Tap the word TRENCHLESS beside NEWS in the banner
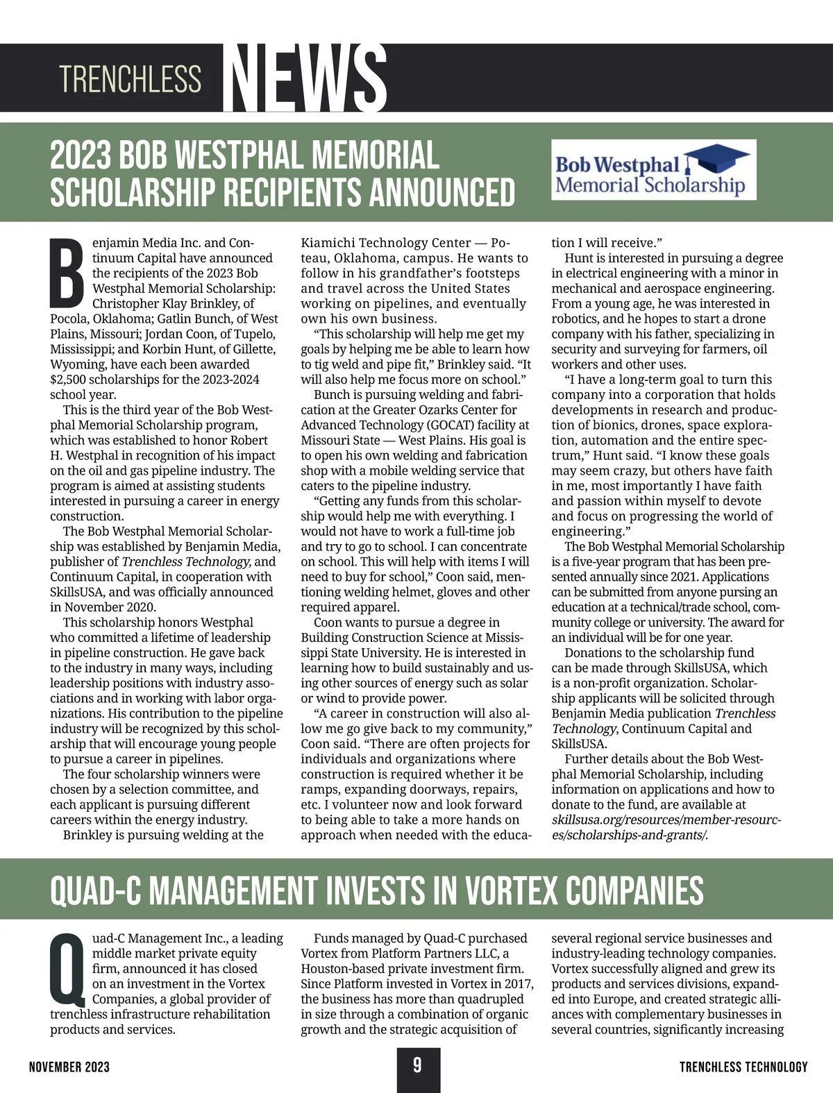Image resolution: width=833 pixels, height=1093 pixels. point(131,79)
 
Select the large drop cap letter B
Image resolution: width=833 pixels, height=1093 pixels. point(69,273)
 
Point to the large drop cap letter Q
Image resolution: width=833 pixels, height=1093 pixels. point(69,969)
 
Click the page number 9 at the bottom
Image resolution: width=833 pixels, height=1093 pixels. point(417,1065)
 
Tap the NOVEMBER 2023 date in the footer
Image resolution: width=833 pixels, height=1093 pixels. point(69,1067)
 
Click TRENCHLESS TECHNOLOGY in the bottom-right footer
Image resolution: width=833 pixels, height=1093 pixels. point(743,1067)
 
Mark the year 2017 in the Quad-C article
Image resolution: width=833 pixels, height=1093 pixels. point(516,984)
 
